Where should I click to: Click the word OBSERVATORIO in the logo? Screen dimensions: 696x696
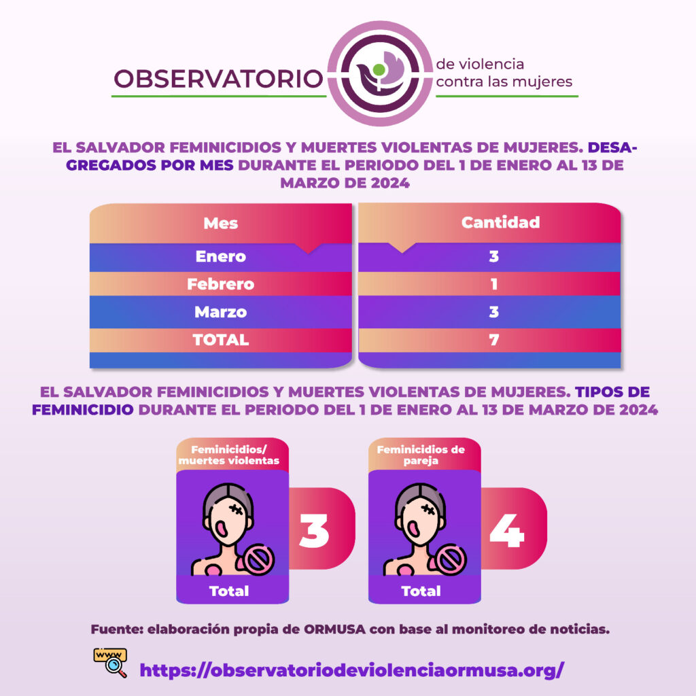(218, 79)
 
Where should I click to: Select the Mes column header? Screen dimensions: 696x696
(221, 223)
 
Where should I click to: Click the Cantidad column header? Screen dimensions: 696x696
(500, 222)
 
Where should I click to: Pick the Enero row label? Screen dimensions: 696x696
(221, 256)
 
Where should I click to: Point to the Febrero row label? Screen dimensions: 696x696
(221, 284)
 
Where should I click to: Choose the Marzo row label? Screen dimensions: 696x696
(221, 312)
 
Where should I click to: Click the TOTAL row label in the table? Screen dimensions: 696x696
(221, 340)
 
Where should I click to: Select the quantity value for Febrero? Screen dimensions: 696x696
(494, 284)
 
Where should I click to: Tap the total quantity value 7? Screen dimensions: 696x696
(494, 340)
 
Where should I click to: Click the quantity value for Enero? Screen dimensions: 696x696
(494, 256)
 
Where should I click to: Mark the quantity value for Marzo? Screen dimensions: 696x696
(494, 312)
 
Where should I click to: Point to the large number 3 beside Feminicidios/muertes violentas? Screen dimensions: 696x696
(314, 531)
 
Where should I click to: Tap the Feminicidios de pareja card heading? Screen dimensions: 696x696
(421, 455)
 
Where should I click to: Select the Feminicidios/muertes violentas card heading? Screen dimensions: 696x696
(229, 455)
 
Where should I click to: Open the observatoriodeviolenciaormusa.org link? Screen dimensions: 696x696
(352, 669)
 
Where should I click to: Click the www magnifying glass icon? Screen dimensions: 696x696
(111, 663)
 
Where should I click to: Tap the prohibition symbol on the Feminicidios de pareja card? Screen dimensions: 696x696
(451, 560)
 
